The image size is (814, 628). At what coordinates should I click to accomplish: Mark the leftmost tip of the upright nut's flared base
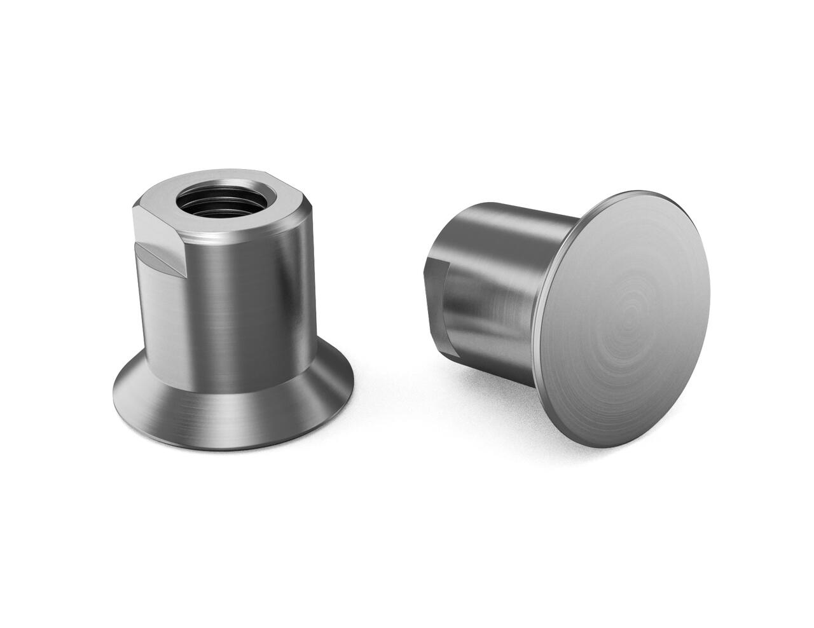[114, 388]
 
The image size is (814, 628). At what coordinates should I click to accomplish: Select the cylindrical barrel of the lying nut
[496, 286]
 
